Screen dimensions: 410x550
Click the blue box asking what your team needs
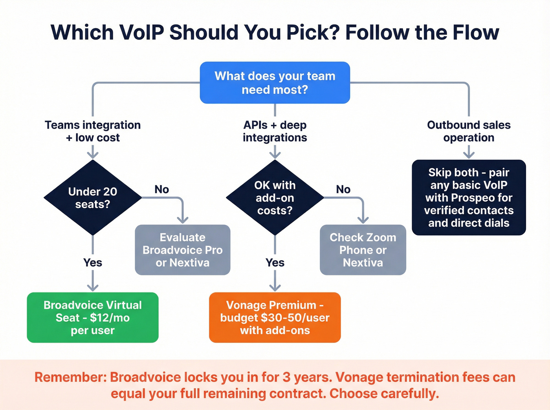[x=275, y=83]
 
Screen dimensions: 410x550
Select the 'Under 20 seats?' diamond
[x=93, y=198]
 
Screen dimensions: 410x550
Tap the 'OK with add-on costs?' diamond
[x=275, y=198]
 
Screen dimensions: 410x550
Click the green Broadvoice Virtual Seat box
[x=93, y=317]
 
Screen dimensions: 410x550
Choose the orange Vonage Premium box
[x=275, y=317]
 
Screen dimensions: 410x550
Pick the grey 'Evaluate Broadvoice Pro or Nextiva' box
[x=183, y=250]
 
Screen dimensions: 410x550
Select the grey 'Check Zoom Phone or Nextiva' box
[x=363, y=250]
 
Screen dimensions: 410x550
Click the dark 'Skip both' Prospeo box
[x=469, y=197]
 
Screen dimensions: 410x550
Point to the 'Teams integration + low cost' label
[x=93, y=131]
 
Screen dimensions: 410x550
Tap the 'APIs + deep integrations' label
[x=275, y=131]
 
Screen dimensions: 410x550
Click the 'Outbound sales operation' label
[x=469, y=131]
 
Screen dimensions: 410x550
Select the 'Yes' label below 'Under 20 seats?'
[x=93, y=262]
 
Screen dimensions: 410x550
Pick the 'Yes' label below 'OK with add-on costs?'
[x=275, y=262]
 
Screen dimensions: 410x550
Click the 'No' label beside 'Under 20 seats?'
[x=161, y=190]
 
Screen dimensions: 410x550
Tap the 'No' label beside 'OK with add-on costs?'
[x=343, y=190]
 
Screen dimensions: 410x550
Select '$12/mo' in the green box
[x=110, y=317]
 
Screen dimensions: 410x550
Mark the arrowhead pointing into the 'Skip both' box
[x=469, y=155]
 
